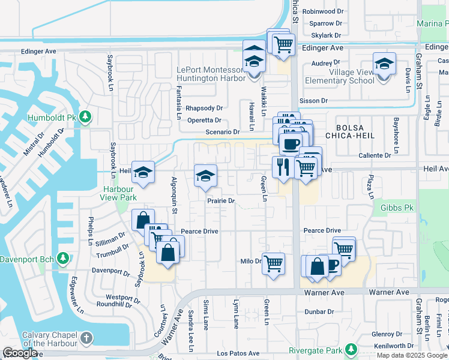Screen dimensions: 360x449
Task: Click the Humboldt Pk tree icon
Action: coord(85,116)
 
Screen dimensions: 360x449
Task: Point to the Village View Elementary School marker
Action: coord(384,64)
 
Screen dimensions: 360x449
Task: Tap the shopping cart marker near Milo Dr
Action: coord(273,262)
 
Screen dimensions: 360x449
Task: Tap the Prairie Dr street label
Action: coord(221,201)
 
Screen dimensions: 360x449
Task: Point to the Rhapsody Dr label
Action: coord(204,109)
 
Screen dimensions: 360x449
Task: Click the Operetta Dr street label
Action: coord(204,120)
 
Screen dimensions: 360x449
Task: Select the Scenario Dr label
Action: coord(222,132)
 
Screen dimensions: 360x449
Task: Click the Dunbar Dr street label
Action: coord(319,311)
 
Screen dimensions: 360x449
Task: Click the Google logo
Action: coord(20,353)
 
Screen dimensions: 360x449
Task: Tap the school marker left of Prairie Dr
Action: coord(205,176)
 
